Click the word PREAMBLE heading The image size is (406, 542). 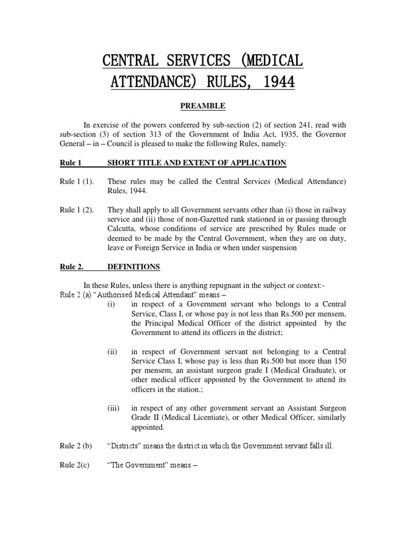(x=203, y=106)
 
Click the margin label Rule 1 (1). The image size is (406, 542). (x=77, y=182)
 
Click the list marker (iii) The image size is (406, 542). (x=113, y=408)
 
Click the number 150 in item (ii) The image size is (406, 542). (x=338, y=361)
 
